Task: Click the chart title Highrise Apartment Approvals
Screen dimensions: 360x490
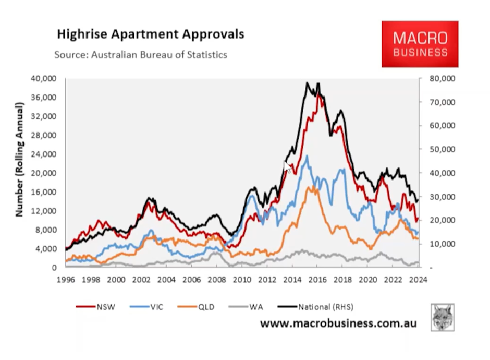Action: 150,35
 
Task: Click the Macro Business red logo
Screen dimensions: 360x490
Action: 420,44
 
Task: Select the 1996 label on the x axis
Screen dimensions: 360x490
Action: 66,279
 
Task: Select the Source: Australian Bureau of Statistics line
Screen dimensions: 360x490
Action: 141,54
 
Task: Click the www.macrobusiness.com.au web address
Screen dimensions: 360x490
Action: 338,323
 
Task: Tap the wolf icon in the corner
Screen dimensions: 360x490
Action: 442,317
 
